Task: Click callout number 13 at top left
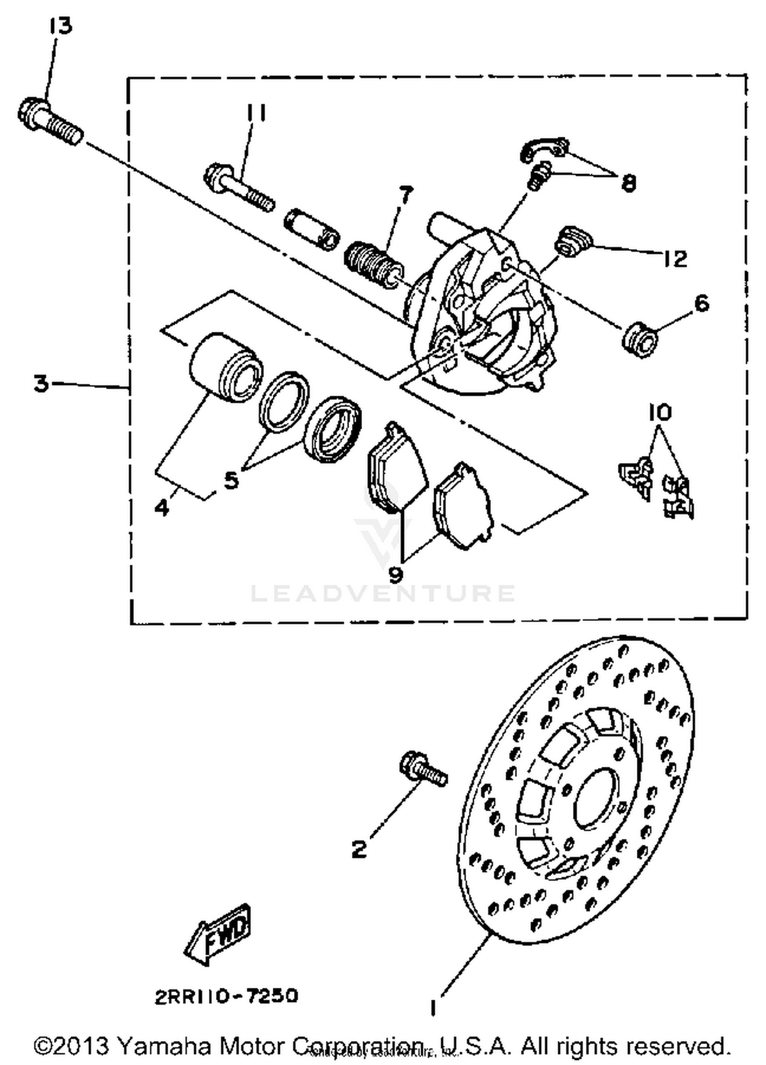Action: click(x=61, y=26)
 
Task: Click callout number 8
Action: click(x=629, y=182)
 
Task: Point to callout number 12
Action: click(x=676, y=259)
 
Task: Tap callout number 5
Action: click(x=231, y=480)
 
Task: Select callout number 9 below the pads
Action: click(x=396, y=574)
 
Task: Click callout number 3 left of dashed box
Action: click(x=41, y=383)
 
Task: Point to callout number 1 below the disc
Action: click(x=433, y=1008)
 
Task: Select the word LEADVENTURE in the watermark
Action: click(x=383, y=593)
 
